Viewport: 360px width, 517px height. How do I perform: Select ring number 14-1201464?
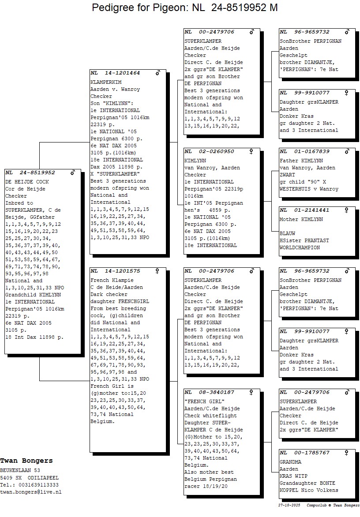[x=122, y=73]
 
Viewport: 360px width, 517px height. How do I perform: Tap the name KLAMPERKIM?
[x=106, y=82]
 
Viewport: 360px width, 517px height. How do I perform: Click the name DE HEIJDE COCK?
[x=27, y=182]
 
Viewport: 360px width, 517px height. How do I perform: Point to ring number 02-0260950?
[x=216, y=151]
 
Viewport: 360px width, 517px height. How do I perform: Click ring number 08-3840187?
[x=216, y=392]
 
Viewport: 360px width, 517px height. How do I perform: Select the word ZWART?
[x=288, y=175]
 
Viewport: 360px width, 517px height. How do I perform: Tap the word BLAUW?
[x=288, y=233]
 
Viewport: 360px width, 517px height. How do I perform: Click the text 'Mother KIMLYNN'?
[x=301, y=219]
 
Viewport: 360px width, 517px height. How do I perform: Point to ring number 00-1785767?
[x=312, y=453]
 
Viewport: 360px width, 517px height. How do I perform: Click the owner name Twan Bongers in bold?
[x=26, y=461]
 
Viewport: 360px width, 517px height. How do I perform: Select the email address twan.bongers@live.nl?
[x=30, y=492]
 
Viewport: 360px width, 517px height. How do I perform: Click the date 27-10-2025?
[x=289, y=505]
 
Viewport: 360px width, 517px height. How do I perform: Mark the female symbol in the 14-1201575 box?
[x=157, y=271]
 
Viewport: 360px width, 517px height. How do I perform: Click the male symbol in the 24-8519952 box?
[x=73, y=172]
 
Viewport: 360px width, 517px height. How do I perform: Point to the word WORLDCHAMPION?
[x=300, y=247]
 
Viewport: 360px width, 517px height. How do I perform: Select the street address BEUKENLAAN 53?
[x=20, y=471]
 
